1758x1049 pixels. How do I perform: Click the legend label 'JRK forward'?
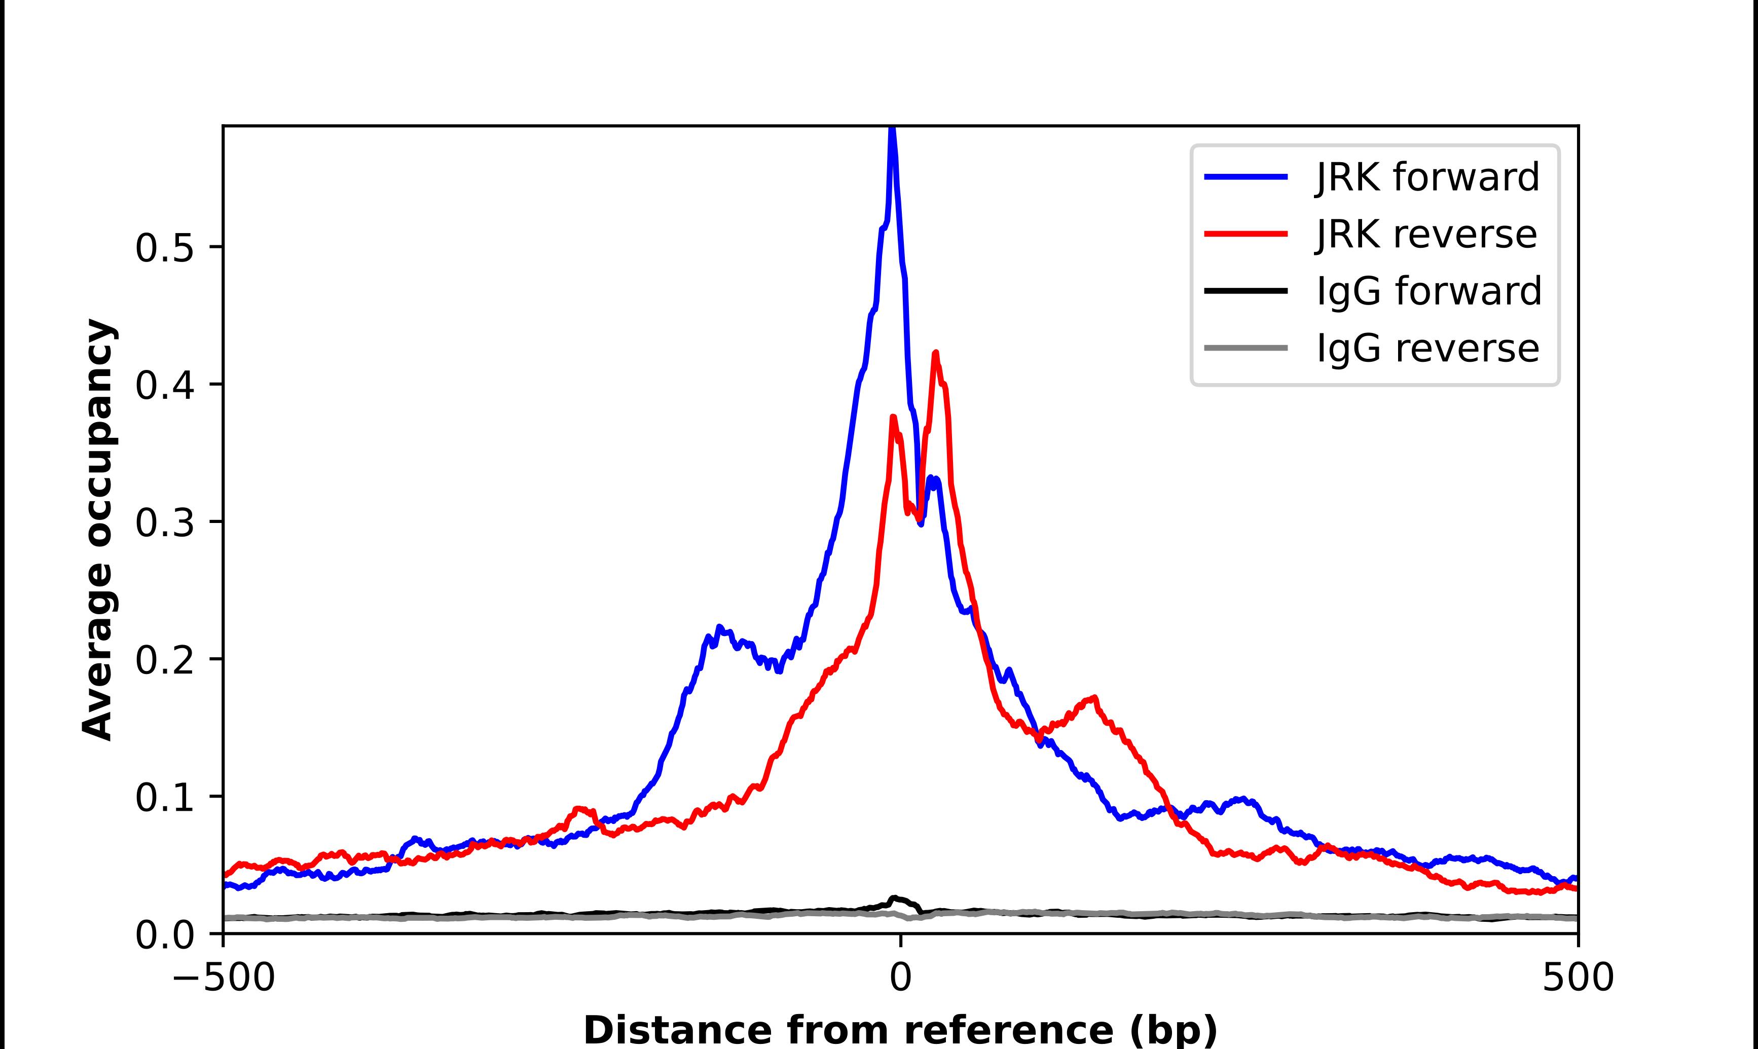pos(1427,177)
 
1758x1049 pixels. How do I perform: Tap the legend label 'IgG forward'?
pos(1429,291)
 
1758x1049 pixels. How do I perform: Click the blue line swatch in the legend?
pos(1246,177)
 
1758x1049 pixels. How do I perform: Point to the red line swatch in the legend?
pos(1246,234)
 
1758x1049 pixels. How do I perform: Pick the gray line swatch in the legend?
pos(1246,348)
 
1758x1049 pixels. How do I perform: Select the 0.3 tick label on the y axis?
pos(164,523)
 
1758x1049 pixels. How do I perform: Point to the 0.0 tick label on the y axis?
pos(164,935)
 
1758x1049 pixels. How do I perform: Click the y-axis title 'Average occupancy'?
pos(97,530)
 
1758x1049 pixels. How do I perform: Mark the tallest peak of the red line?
pos(936,353)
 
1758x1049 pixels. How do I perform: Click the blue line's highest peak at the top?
pos(892,129)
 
